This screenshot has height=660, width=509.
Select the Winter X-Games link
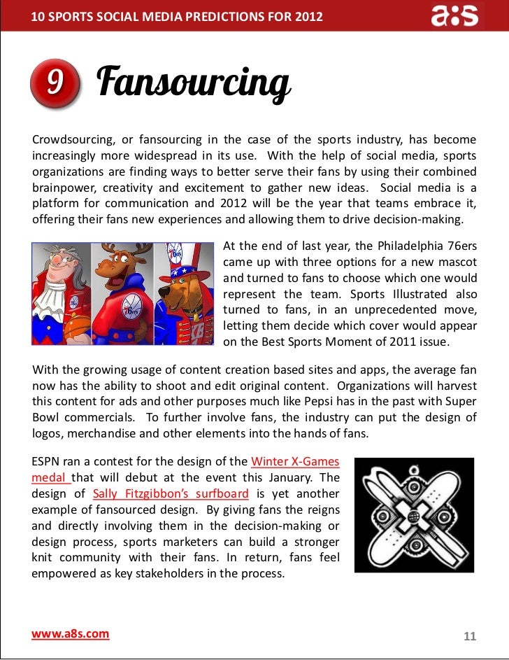295,462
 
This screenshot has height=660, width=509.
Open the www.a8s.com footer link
71,634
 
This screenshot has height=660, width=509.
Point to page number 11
469,636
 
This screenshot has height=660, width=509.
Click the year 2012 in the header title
309,15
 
